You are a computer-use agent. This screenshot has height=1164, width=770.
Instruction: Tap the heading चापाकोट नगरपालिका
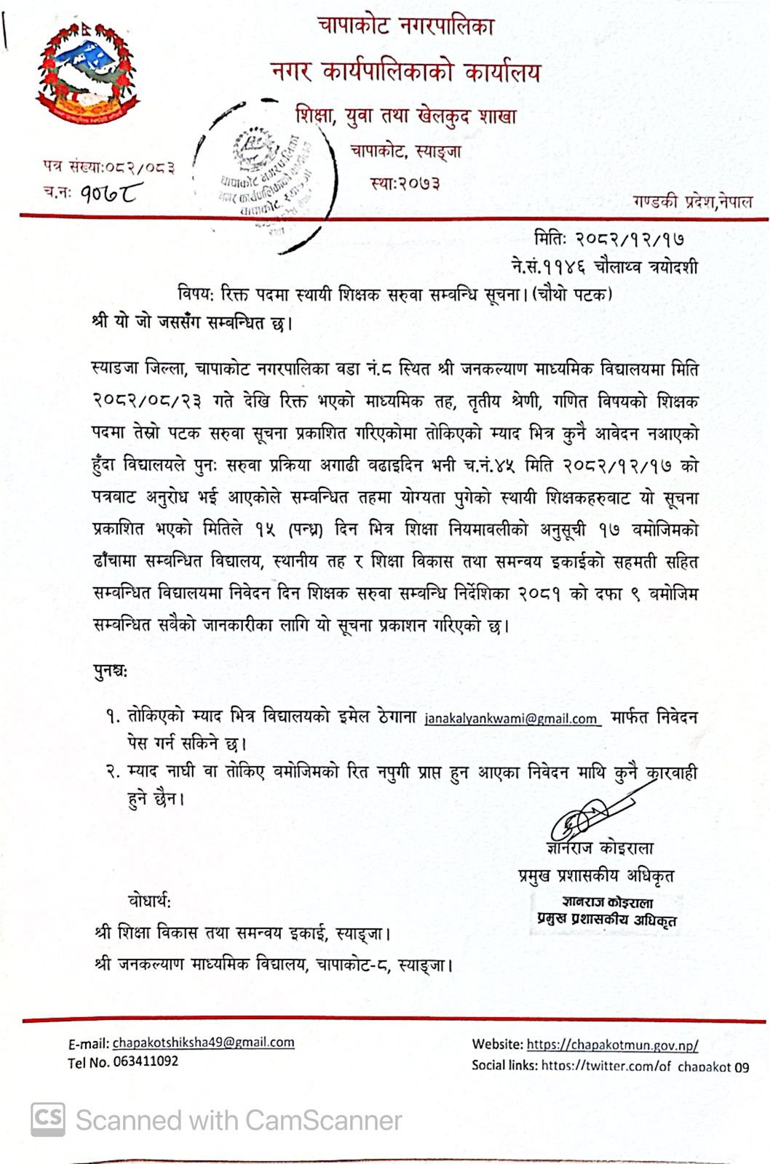[405, 27]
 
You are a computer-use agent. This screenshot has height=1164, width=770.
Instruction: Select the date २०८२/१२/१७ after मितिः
[630, 239]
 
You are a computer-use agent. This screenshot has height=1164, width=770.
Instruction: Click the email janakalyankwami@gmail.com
[511, 719]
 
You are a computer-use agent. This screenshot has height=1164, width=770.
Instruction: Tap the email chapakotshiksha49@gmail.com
[203, 1043]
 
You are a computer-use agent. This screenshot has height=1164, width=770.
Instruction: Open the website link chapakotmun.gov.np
[612, 1045]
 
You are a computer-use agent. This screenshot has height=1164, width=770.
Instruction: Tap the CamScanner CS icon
[48, 1120]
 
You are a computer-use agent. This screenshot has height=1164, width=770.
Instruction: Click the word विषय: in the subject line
[194, 295]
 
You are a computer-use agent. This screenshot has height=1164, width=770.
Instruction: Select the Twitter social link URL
[645, 1067]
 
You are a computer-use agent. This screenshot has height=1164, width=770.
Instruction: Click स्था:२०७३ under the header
[405, 183]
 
